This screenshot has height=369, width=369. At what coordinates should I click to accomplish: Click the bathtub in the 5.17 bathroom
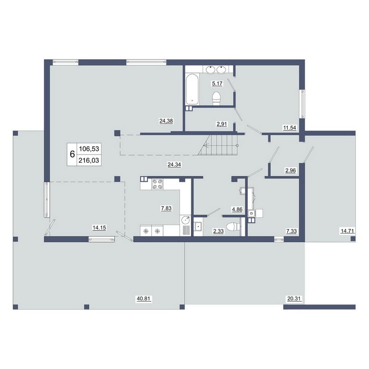click(x=192, y=89)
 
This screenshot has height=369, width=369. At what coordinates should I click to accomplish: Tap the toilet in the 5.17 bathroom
click(x=216, y=98)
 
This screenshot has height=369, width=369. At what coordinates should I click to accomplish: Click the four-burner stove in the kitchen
click(x=158, y=184)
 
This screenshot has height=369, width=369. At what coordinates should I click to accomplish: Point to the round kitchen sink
click(x=186, y=220)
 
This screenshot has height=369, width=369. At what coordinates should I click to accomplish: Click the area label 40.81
click(x=143, y=298)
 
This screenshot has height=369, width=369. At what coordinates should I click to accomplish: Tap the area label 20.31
click(x=294, y=298)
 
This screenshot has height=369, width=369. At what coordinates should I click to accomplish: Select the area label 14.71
click(x=347, y=231)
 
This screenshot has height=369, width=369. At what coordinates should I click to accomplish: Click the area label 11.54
click(x=290, y=128)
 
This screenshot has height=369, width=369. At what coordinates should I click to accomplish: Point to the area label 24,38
click(x=166, y=121)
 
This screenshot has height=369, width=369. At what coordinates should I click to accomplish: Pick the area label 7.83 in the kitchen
click(x=166, y=208)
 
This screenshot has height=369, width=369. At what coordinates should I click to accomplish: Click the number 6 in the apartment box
click(x=72, y=155)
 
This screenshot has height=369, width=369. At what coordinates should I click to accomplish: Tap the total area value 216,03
click(x=89, y=161)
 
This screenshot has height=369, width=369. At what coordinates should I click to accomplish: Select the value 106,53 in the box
click(x=89, y=149)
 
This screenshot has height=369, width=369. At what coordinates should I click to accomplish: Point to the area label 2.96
click(x=291, y=170)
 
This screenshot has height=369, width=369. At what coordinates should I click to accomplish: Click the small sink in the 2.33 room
click(x=198, y=226)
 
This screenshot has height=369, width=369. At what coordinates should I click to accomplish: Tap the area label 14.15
click(x=99, y=227)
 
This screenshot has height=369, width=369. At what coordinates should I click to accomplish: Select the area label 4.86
click(x=237, y=209)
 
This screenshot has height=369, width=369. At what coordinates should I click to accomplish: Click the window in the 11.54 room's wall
click(x=302, y=103)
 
